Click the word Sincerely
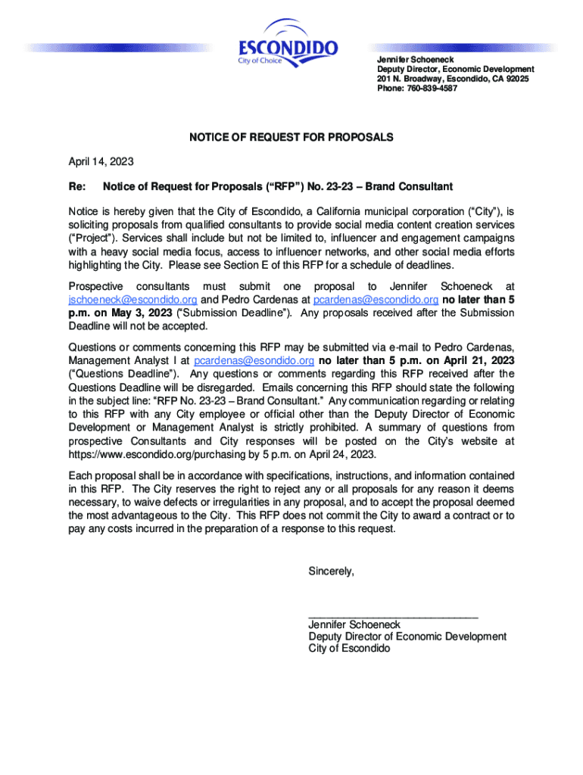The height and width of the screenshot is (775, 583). (x=331, y=571)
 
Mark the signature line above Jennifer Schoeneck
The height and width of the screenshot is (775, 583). (x=393, y=618)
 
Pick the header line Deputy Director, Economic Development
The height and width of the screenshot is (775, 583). (x=455, y=69)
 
